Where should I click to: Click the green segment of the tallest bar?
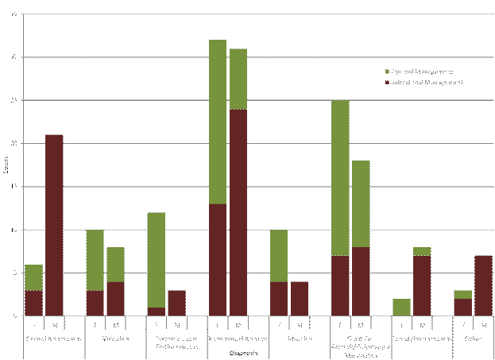pyautogui.click(x=218, y=122)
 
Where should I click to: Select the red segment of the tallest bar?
pyautogui.click(x=218, y=260)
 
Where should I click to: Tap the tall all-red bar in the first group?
pyautogui.click(x=54, y=225)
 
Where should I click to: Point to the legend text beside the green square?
pyautogui.click(x=421, y=72)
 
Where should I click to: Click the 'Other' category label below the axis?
pyautogui.click(x=473, y=338)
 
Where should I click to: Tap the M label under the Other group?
pyautogui.click(x=483, y=324)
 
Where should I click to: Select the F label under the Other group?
pyautogui.click(x=462, y=324)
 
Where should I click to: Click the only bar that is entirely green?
pyautogui.click(x=401, y=307)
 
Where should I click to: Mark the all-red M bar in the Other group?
pyautogui.click(x=483, y=285)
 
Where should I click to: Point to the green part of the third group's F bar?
pyautogui.click(x=157, y=260)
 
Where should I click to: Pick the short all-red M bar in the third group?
pyautogui.click(x=176, y=303)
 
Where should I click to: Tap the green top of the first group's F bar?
pyautogui.click(x=33, y=277)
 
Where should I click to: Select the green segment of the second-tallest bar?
pyautogui.click(x=238, y=79)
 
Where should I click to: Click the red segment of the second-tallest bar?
pyautogui.click(x=238, y=212)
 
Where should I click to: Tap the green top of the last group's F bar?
pyautogui.click(x=462, y=294)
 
